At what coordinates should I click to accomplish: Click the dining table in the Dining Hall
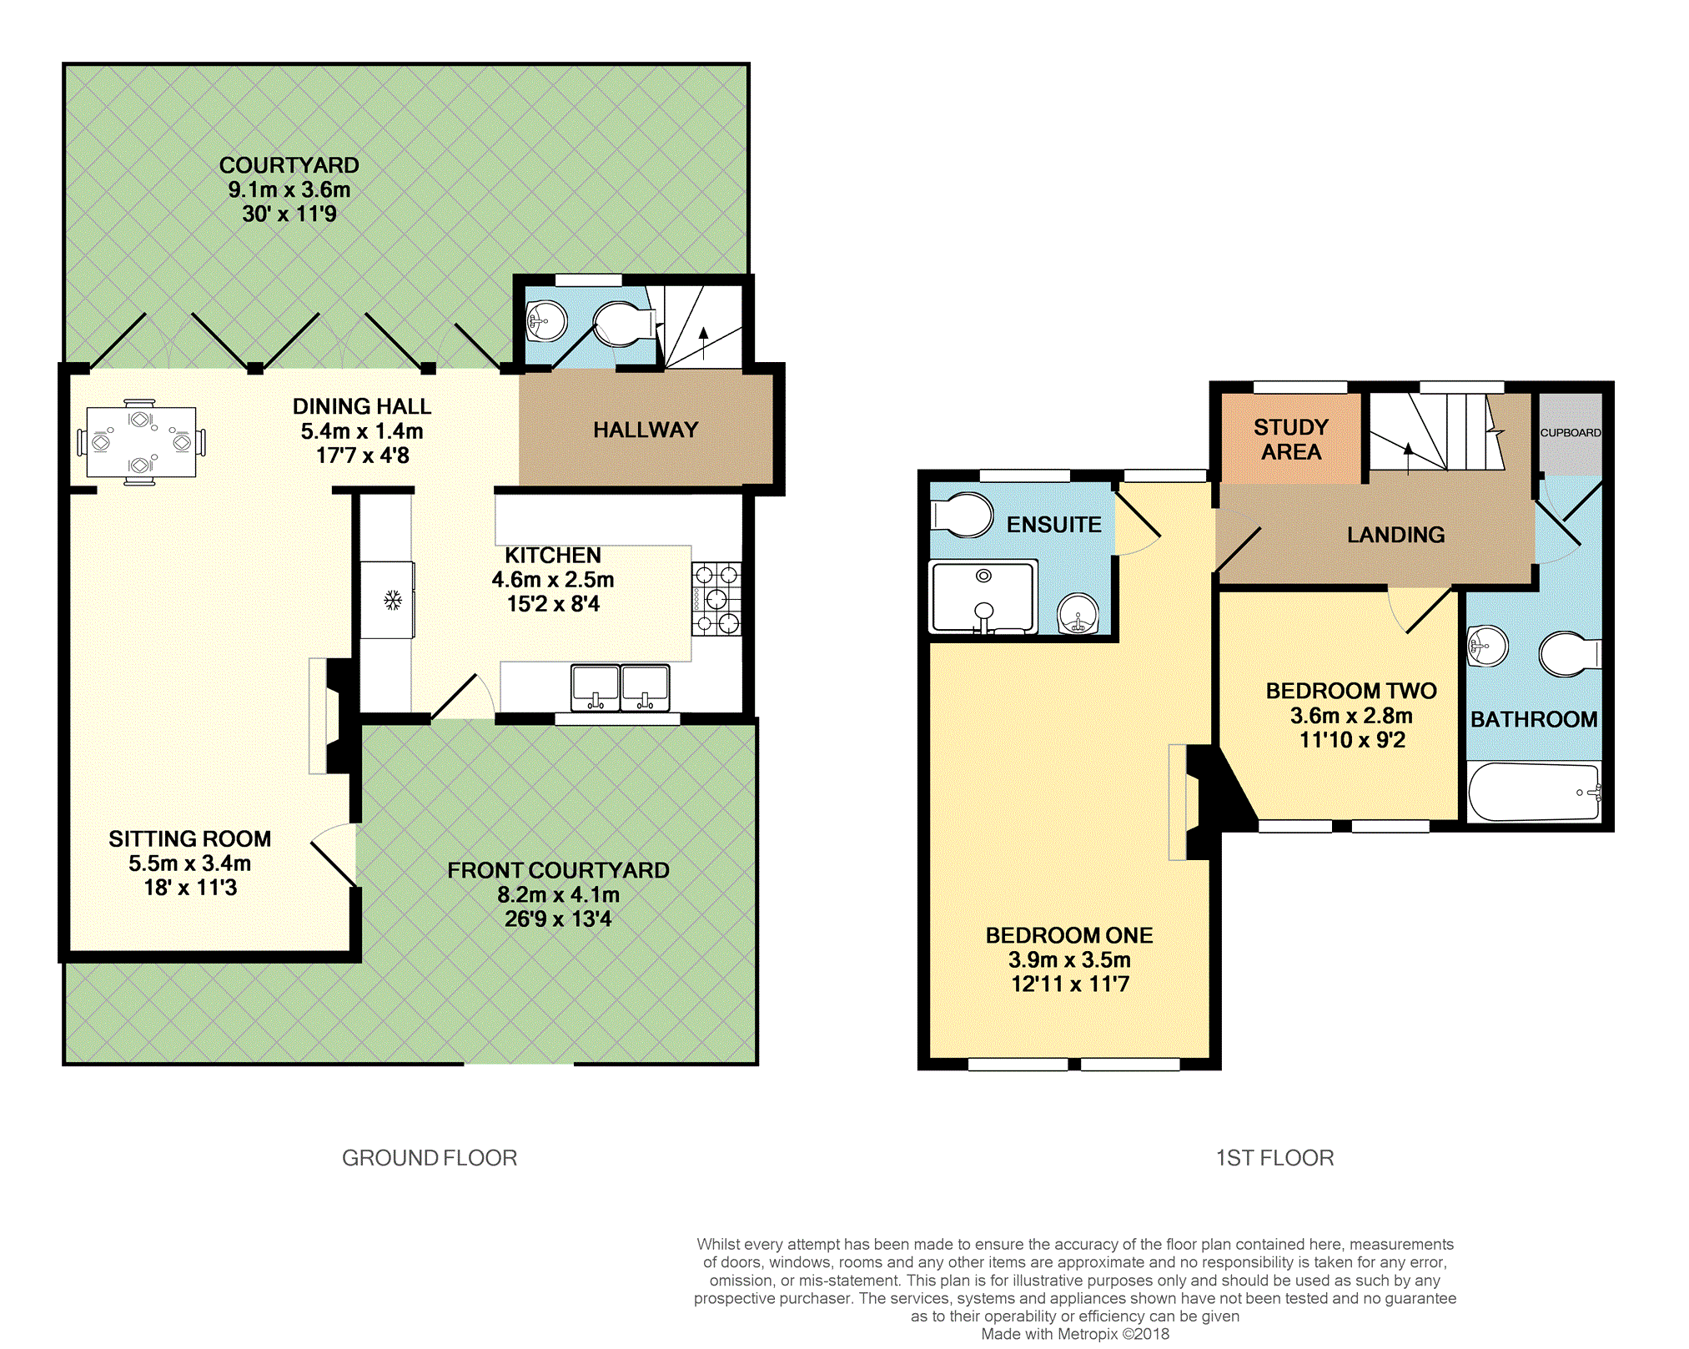point(141,442)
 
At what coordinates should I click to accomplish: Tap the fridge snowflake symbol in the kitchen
point(393,600)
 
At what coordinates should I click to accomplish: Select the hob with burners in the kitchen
point(716,599)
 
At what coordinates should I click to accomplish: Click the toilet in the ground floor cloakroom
point(624,324)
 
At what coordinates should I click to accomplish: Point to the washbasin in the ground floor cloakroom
point(546,320)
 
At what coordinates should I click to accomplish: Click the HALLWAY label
point(646,430)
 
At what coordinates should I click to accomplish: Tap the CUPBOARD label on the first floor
point(1571,432)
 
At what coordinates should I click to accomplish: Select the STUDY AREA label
point(1291,440)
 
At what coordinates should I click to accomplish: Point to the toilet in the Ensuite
point(962,514)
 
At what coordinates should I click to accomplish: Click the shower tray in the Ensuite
point(984,596)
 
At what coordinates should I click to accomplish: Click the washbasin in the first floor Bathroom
point(1487,646)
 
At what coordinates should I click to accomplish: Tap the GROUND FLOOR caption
point(430,1158)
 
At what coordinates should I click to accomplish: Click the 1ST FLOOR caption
point(1274,1158)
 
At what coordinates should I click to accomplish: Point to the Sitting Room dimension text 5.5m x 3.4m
point(190,863)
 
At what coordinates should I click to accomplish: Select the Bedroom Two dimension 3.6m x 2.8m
point(1351,716)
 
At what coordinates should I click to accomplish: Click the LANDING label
point(1396,535)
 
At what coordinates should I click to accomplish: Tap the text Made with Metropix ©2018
point(1075,1334)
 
